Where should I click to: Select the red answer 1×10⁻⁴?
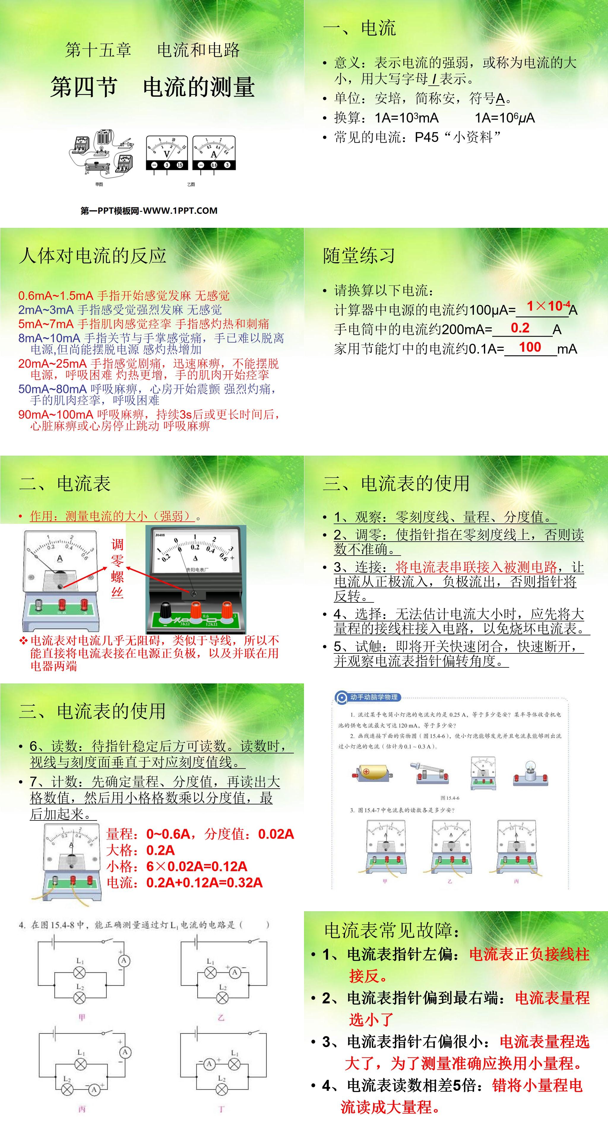coord(548,306)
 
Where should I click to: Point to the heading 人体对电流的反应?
coord(93,256)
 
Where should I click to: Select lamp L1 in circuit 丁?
coord(234,1064)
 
